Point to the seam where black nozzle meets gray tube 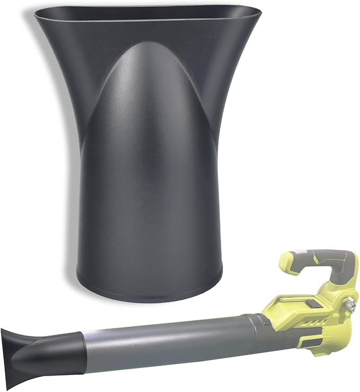(83, 350)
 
